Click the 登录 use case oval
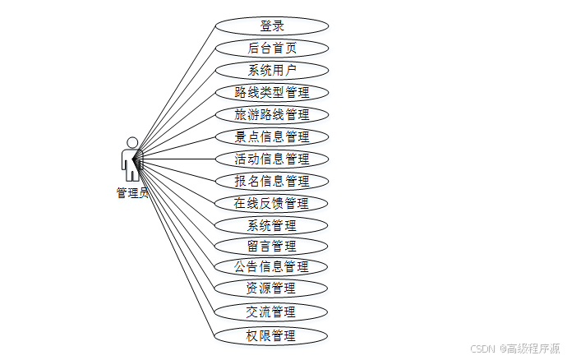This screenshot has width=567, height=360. (x=271, y=26)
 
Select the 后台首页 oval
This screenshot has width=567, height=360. (x=271, y=48)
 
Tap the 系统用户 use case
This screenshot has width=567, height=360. (x=271, y=70)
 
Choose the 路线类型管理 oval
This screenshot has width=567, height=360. (x=271, y=92)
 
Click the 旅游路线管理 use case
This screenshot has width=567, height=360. (x=271, y=114)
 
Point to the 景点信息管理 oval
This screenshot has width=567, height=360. (x=271, y=136)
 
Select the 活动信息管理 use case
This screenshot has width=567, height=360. (x=271, y=159)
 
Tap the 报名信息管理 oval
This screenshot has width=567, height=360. (x=271, y=181)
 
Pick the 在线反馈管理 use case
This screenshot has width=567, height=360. (x=271, y=203)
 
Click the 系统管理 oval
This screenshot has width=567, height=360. (x=271, y=224)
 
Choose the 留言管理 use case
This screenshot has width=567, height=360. (x=271, y=245)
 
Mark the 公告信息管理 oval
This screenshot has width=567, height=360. (x=271, y=266)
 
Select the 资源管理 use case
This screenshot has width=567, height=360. (x=271, y=288)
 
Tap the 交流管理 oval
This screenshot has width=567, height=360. (x=271, y=312)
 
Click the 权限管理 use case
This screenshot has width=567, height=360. (x=271, y=335)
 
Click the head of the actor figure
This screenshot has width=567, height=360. (x=131, y=142)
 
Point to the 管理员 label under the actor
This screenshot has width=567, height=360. (x=132, y=193)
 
